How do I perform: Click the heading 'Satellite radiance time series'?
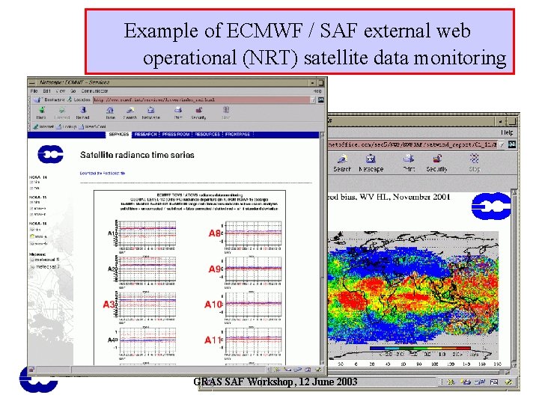pos(137,155)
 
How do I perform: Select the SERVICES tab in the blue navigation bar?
pos(119,135)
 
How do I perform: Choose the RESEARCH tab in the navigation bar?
pos(145,135)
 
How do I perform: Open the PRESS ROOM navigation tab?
pos(175,135)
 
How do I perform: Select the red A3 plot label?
pos(109,304)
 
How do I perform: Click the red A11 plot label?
pos(214,340)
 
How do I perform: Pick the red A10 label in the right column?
pos(214,304)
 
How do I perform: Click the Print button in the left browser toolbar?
pos(177,113)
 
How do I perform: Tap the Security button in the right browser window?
pos(437,162)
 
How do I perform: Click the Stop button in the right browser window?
pos(475,162)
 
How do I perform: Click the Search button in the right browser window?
pos(342,162)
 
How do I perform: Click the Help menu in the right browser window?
pos(507,132)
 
